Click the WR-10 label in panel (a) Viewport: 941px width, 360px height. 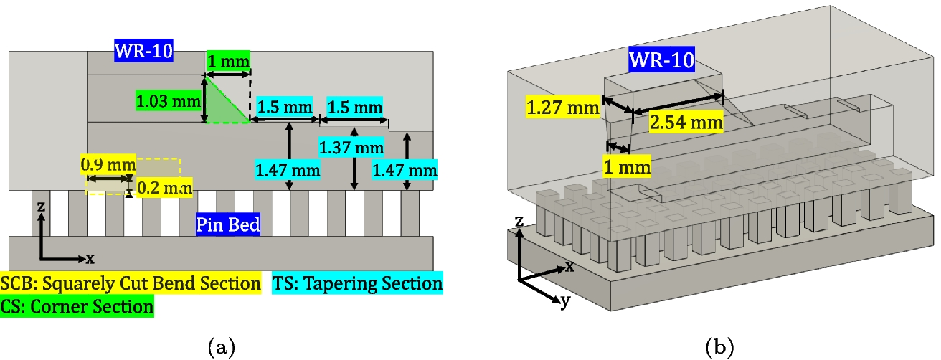tap(143, 50)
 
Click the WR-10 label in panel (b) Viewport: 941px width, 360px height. tap(661, 60)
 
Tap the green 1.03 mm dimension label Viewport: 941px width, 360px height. tap(168, 101)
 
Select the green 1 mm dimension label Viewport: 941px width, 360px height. tap(229, 62)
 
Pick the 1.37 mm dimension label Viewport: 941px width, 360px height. tap(351, 148)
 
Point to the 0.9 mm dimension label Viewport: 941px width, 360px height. tap(108, 164)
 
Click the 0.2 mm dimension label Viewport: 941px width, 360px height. tap(164, 187)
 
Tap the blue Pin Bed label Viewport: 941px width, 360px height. tap(227, 224)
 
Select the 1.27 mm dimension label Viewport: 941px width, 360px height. tap(562, 107)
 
